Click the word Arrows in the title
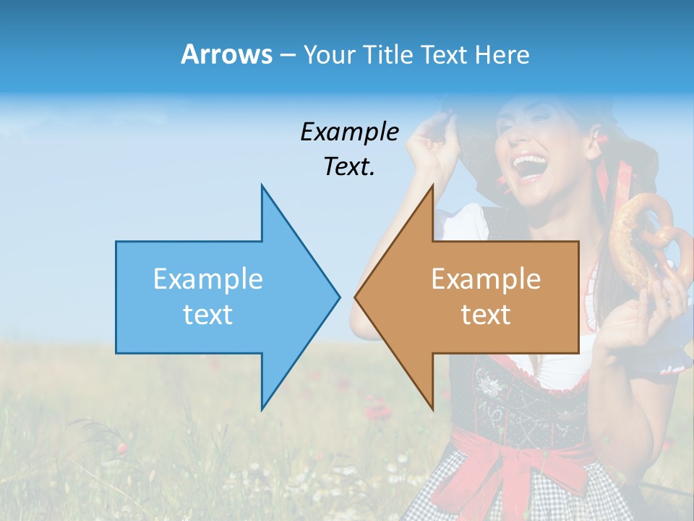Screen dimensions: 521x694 [226, 54]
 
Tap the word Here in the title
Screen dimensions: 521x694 [502, 54]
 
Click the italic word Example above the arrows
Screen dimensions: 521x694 [350, 132]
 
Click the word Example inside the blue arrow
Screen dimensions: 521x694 [208, 279]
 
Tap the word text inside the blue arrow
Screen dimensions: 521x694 [208, 314]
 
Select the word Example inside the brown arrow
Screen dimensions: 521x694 [486, 279]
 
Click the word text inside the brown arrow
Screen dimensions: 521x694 [486, 314]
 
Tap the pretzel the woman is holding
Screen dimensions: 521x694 [643, 239]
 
